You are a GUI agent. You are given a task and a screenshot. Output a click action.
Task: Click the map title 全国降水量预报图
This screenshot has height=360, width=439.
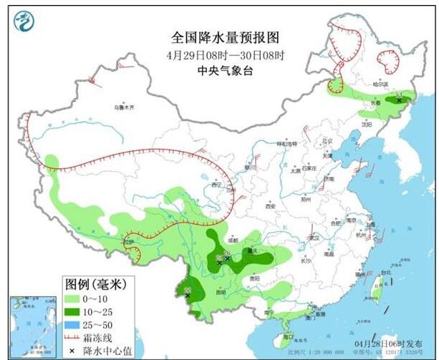[223, 37]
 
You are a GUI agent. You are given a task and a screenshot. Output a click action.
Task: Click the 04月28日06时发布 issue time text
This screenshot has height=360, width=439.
[389, 342]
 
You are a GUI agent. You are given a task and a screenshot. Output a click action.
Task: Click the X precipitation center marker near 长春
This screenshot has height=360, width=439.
[399, 100]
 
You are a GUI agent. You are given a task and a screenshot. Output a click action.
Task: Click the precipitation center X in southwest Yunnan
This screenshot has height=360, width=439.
[188, 295]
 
